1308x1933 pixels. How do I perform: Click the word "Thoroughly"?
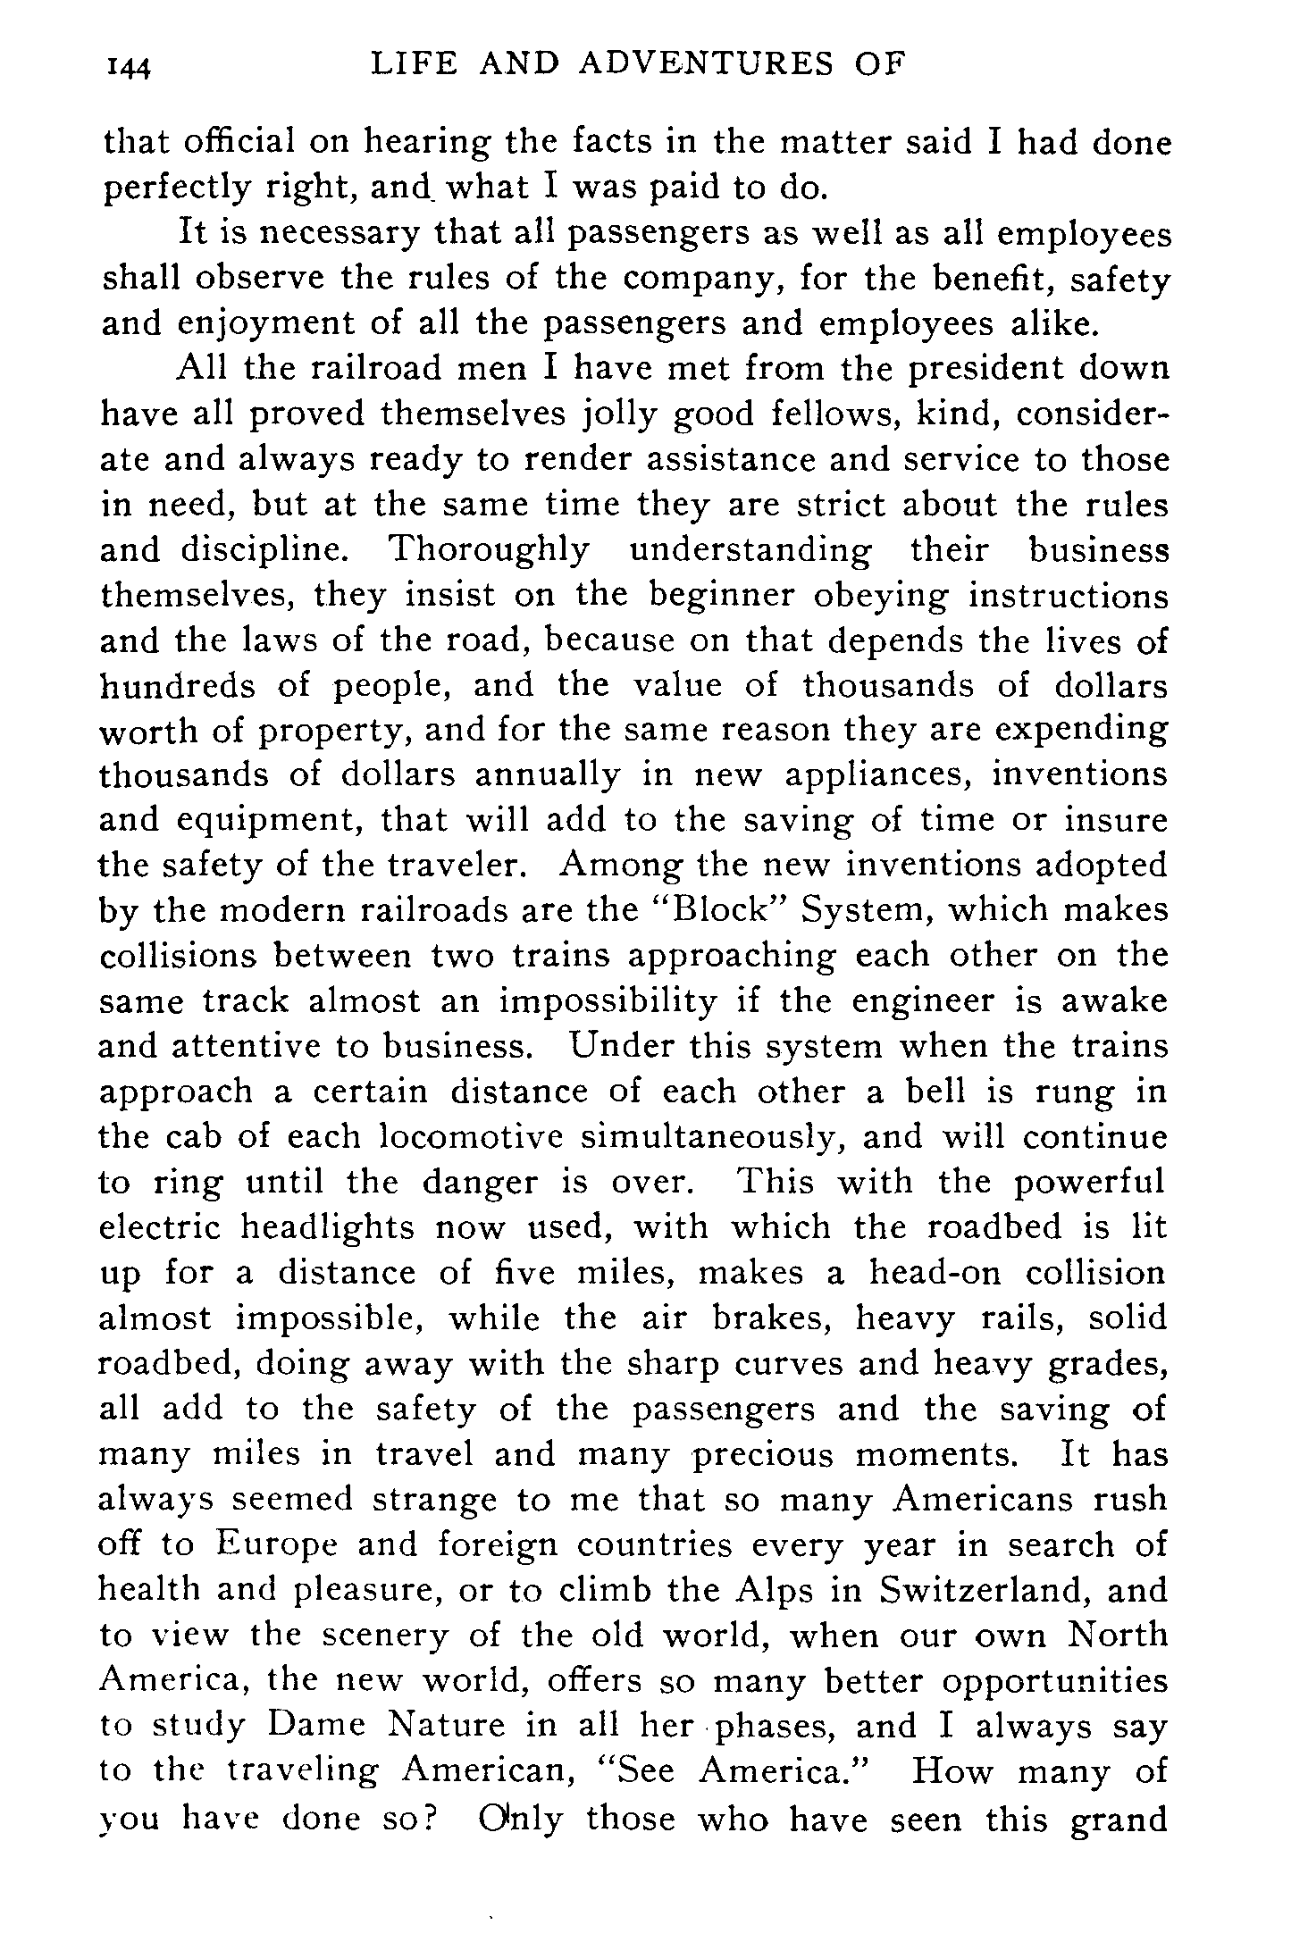[488, 549]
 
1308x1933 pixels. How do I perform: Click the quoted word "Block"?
[720, 909]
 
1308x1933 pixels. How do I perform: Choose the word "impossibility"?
[607, 1000]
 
